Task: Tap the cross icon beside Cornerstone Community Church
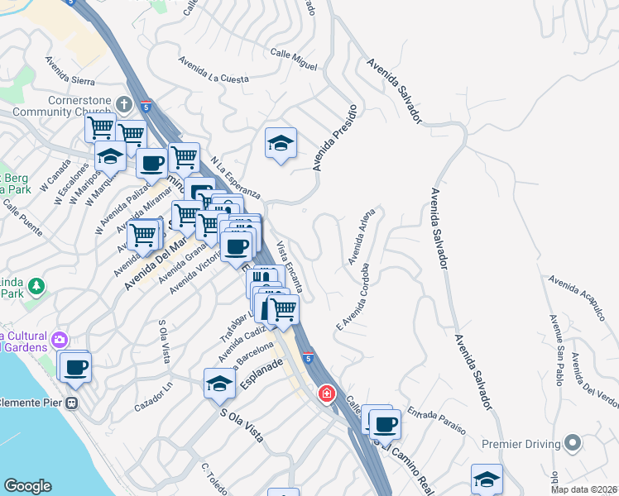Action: (123, 105)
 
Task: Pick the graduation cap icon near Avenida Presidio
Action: (281, 144)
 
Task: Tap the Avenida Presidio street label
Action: (334, 137)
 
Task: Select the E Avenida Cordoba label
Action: (351, 298)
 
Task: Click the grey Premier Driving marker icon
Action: (572, 442)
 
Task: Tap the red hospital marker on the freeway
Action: (327, 393)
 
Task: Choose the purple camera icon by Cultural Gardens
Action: (59, 340)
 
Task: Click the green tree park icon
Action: (36, 287)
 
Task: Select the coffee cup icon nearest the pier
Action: (74, 367)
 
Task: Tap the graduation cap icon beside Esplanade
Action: (219, 383)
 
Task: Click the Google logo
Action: (28, 486)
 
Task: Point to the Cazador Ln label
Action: (156, 396)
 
